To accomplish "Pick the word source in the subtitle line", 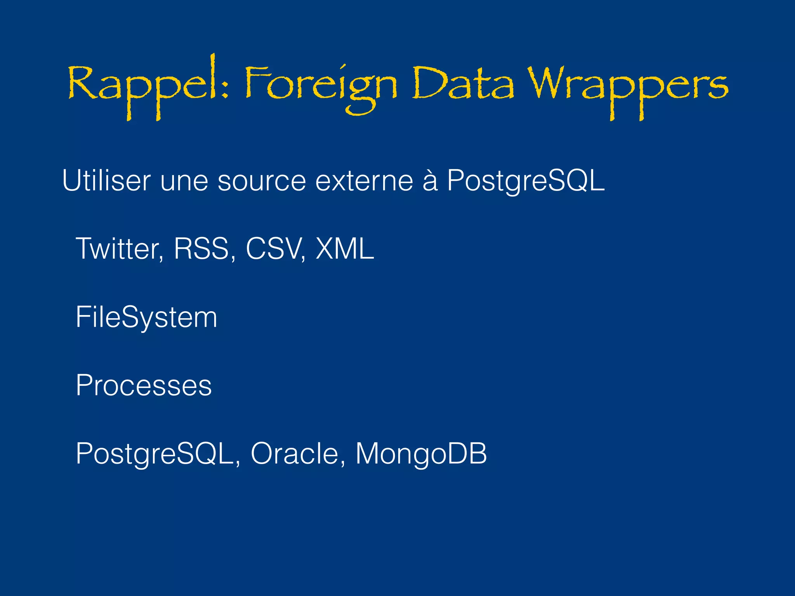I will click(262, 181).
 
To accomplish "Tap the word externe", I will click(364, 181).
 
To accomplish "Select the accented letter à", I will click(430, 180).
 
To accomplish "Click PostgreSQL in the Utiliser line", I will click(526, 181).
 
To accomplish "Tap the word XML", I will click(345, 249).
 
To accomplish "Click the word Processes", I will click(144, 386).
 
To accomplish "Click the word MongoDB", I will click(421, 453).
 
